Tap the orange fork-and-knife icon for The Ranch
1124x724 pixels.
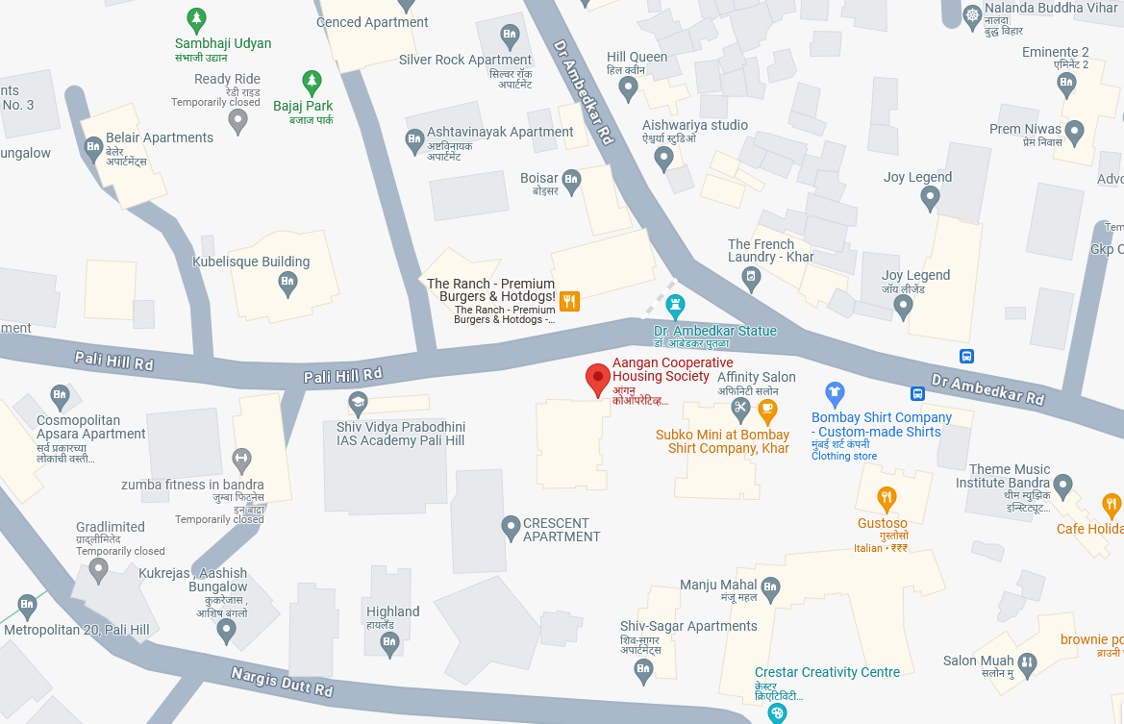(569, 302)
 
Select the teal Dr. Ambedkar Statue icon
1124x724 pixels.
(676, 307)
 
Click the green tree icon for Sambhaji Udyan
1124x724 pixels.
(196, 18)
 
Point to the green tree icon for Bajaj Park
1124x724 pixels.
(311, 81)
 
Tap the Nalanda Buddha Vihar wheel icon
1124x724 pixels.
(973, 15)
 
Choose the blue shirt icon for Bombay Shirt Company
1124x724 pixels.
(835, 392)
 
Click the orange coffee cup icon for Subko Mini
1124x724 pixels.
(766, 411)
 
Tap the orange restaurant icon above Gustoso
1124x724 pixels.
(887, 498)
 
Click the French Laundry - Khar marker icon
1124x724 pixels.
(751, 279)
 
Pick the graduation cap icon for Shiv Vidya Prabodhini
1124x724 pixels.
(358, 402)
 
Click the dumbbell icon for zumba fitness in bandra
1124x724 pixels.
(241, 459)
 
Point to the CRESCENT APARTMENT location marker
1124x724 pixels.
(511, 527)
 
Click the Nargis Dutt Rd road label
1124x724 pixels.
(282, 683)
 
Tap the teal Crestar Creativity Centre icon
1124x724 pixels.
(777, 712)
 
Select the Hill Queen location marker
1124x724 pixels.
(628, 88)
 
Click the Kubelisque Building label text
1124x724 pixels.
(251, 262)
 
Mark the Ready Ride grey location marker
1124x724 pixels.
(237, 121)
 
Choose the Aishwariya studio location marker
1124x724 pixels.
(662, 158)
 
